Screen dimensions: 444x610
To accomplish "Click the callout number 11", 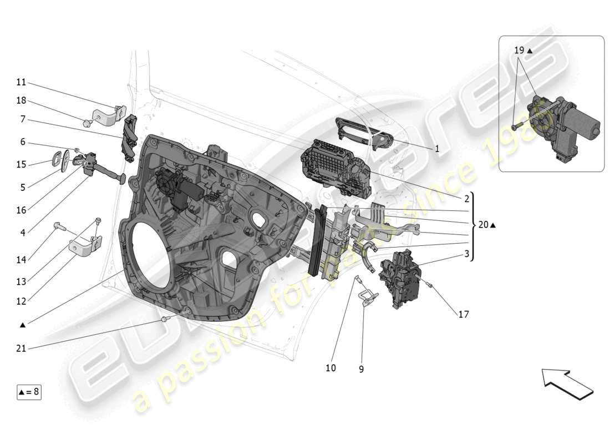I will (x=21, y=82).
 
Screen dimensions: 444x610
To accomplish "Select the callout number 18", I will (x=21, y=100).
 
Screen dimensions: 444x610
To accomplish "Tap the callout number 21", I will (x=21, y=348).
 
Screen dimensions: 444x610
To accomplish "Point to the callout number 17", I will (x=463, y=314).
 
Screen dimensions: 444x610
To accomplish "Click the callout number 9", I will (x=361, y=369).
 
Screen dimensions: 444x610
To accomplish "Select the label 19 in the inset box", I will (x=518, y=50).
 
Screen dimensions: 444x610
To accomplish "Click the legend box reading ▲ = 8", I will (x=29, y=392).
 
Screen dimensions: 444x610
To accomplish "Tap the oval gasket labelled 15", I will (x=58, y=158).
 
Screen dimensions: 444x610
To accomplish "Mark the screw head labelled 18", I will (x=87, y=123).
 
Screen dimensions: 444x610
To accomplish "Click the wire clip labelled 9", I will (x=367, y=297).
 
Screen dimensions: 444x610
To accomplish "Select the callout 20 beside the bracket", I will (x=484, y=225).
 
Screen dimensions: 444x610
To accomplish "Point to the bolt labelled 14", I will (x=59, y=226).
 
